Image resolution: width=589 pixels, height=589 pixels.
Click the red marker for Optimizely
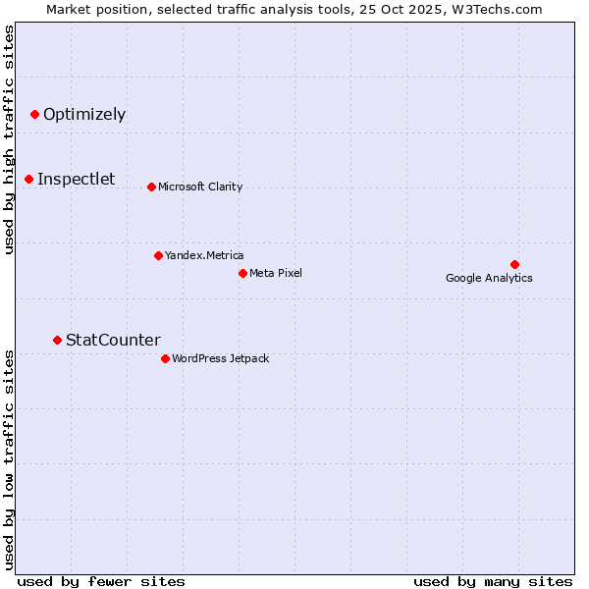point(34,115)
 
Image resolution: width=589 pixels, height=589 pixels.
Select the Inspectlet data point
point(29,179)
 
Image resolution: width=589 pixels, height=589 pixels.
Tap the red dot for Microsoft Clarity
point(151,187)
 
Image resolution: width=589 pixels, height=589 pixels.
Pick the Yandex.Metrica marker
point(158,255)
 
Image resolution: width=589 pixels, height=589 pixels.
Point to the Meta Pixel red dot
point(242,273)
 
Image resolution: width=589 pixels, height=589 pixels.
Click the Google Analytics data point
point(514,264)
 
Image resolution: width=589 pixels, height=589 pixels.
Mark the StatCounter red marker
point(57,340)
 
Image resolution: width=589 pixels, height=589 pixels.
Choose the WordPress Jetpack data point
point(165,358)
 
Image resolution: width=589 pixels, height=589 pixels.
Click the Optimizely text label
point(84,115)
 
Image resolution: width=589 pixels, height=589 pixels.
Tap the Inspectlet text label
point(76,179)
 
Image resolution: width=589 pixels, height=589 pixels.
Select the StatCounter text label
point(113,340)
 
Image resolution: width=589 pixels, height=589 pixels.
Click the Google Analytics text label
point(489,278)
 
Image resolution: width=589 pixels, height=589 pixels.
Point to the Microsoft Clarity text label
point(200,187)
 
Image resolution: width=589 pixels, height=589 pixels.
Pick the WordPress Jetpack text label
point(220,358)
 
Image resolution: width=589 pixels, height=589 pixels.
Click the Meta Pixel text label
point(276,273)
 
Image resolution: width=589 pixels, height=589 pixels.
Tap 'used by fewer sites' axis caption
point(101,581)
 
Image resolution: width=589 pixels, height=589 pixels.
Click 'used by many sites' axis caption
point(493,581)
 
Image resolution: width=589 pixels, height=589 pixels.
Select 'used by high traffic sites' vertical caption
point(9,139)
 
